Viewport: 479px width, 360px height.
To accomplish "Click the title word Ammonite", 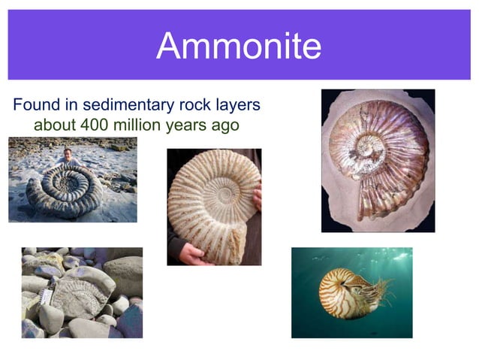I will pos(239,47).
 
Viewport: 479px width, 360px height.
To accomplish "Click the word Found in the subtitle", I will pos(36,103).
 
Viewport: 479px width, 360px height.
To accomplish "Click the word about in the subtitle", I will pos(53,124).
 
